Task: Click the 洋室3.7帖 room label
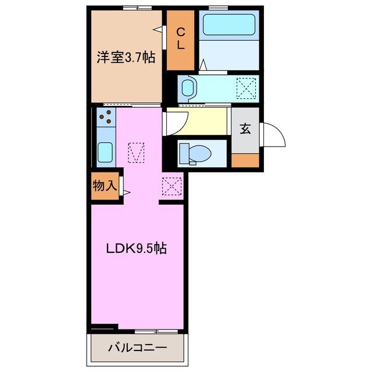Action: [x=125, y=57]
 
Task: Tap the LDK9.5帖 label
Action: [x=137, y=248]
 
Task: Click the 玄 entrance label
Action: [x=245, y=129]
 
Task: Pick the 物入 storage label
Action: [x=105, y=186]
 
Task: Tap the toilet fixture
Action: [x=194, y=154]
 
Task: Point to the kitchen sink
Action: [x=105, y=152]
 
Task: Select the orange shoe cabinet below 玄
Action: [x=245, y=160]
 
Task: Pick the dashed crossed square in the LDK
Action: [x=172, y=186]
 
